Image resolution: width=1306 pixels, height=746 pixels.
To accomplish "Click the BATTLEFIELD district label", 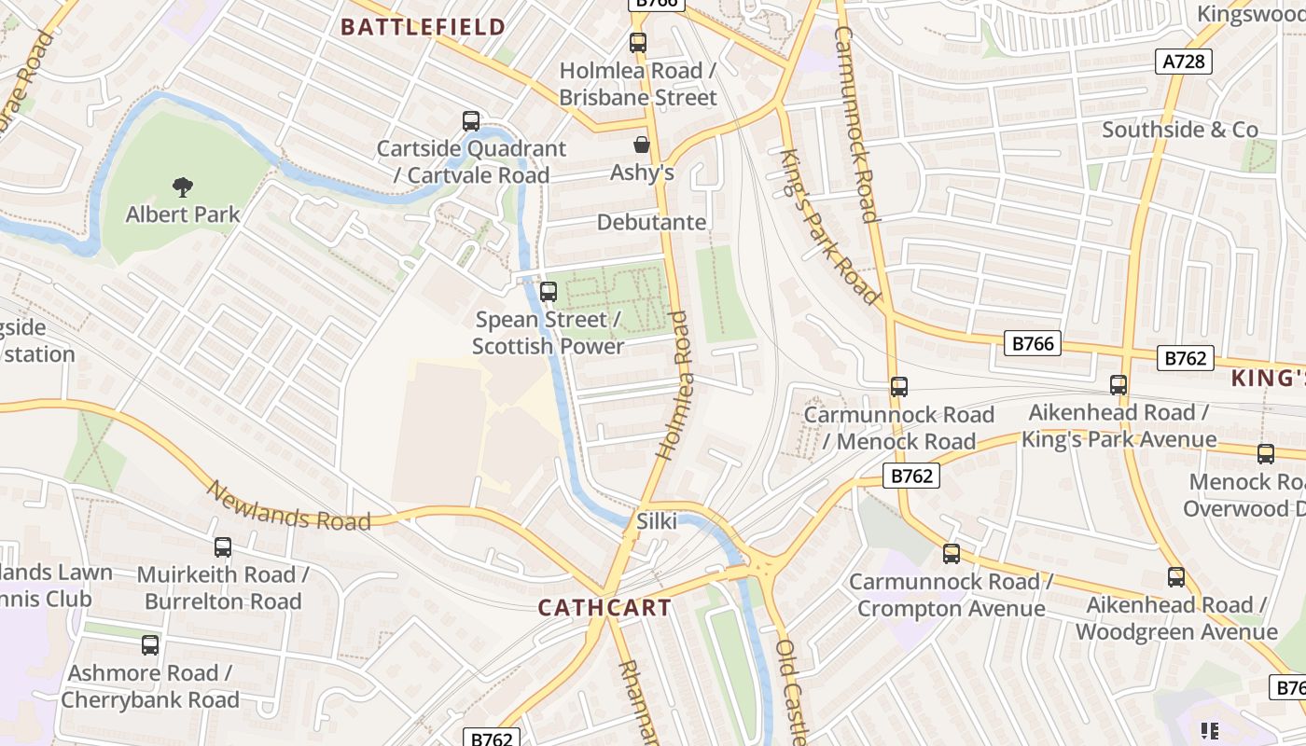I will (423, 27).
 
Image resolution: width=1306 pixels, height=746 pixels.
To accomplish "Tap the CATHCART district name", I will (604, 608).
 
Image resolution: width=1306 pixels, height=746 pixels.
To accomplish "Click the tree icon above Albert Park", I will (183, 187).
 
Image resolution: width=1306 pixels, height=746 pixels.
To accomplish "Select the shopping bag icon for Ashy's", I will (642, 145).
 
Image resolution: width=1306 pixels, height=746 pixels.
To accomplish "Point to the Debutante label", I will (652, 223).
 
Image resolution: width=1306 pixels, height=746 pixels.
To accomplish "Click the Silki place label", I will (656, 521).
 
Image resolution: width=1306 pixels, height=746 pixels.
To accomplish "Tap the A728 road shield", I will (1185, 62).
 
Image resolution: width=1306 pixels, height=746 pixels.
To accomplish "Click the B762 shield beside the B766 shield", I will (1186, 358).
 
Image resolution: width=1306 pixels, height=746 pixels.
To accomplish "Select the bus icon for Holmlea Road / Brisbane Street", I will (638, 43).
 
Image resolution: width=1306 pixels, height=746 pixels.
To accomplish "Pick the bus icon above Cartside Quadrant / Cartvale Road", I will (471, 121).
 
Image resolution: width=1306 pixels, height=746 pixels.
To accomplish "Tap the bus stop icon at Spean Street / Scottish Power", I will (549, 292).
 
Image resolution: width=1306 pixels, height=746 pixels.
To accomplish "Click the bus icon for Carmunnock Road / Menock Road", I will (899, 387).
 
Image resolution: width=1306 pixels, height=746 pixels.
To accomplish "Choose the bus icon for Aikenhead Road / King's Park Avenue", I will (1118, 385).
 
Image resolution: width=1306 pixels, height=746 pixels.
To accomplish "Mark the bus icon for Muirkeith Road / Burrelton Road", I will (223, 547).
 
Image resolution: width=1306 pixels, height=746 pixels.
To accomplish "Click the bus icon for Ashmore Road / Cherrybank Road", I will (150, 645).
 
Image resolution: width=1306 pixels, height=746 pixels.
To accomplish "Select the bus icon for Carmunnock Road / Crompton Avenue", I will (952, 554).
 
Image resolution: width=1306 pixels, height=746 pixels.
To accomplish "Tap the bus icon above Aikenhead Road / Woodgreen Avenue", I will (1176, 577).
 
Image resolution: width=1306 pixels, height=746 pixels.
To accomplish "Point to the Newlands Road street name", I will (289, 507).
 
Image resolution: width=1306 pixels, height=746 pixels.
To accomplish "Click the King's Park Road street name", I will (830, 227).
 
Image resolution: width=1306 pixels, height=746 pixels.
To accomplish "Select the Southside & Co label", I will (1180, 130).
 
